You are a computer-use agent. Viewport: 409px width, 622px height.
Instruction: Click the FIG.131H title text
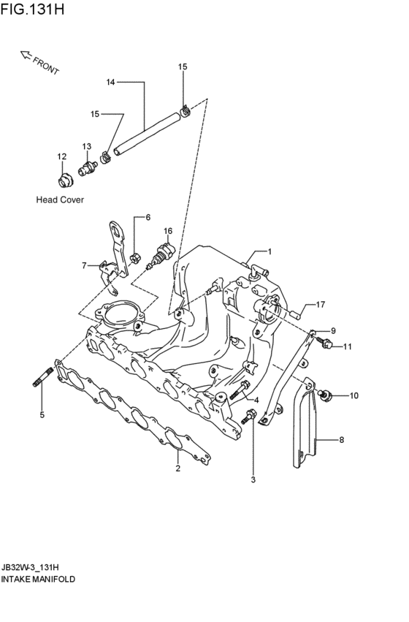(x=32, y=9)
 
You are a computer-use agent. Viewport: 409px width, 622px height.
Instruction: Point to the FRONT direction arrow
(x=26, y=56)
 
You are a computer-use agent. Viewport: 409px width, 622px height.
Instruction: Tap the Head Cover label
(x=60, y=200)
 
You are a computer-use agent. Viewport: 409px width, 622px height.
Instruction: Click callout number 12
(x=62, y=156)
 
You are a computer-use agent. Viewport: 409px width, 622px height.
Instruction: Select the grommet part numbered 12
(x=64, y=180)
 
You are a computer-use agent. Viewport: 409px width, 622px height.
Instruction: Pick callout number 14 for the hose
(x=110, y=82)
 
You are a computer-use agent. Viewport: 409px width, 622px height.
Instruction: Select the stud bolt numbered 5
(x=43, y=376)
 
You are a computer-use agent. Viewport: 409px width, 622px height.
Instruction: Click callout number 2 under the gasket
(x=178, y=468)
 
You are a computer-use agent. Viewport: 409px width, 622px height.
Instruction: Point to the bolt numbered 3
(x=248, y=417)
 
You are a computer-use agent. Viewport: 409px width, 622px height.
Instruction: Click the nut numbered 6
(x=135, y=258)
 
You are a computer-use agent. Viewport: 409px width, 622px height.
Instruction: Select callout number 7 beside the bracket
(x=84, y=265)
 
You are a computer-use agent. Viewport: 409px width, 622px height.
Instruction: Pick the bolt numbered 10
(x=324, y=395)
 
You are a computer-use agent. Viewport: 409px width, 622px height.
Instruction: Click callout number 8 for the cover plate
(x=342, y=439)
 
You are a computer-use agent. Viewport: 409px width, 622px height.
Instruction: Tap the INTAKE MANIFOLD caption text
(x=38, y=579)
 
